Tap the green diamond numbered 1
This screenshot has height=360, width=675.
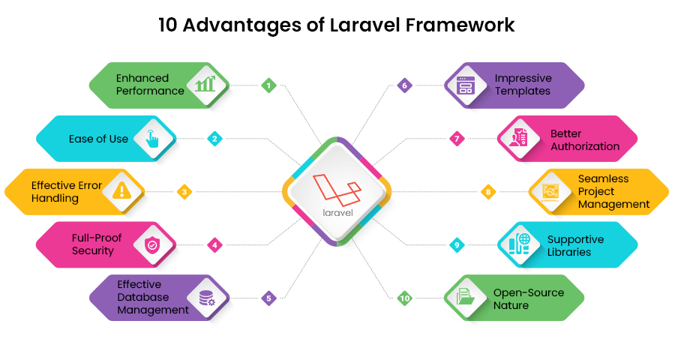click(x=268, y=85)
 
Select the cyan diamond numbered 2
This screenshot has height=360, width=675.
click(x=214, y=138)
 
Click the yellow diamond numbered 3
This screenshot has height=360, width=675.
click(x=184, y=192)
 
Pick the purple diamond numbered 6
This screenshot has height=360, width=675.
click(x=404, y=85)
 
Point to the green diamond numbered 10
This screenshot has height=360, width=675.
click(x=404, y=298)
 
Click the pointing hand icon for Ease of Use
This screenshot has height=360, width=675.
click(x=152, y=138)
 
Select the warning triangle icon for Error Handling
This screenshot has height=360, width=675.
click(x=121, y=191)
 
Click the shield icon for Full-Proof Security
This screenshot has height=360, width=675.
click(x=152, y=244)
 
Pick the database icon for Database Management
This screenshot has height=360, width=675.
click(x=205, y=298)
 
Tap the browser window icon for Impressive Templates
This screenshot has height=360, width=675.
click(x=466, y=85)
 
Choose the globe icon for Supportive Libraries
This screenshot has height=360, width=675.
click(x=520, y=244)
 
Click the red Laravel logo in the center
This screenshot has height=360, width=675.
click(x=337, y=188)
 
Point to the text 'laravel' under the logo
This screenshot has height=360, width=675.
click(x=337, y=212)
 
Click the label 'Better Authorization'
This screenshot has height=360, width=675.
click(x=585, y=139)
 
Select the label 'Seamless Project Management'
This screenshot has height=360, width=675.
click(x=613, y=192)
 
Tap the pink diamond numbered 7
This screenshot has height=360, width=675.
click(x=456, y=138)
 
